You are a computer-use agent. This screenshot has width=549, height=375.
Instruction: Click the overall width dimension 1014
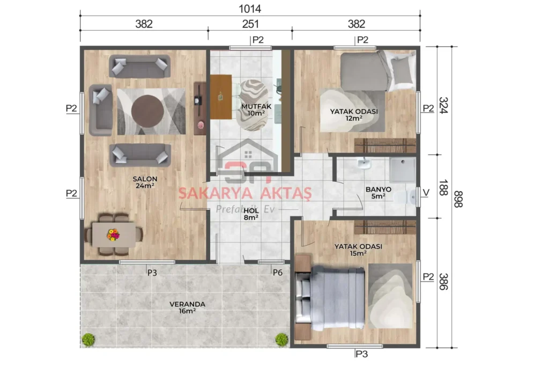tap(250, 9)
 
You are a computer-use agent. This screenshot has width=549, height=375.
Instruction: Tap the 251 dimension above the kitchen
tap(250, 24)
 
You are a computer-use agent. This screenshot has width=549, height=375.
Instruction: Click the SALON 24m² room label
tap(145, 182)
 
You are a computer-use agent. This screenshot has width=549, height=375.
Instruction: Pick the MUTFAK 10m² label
tap(256, 110)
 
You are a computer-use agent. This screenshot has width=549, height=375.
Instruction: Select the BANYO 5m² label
tap(378, 193)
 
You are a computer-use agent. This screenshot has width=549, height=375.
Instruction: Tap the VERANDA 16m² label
tap(187, 307)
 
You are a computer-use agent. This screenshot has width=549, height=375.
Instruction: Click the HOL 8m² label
tap(251, 214)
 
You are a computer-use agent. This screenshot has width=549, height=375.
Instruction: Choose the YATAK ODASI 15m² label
tap(358, 249)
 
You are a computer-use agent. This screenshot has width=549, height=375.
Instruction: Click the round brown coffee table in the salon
tap(147, 110)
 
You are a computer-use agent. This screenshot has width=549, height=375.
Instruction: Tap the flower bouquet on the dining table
tap(113, 234)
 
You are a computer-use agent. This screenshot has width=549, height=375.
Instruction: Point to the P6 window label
tap(277, 273)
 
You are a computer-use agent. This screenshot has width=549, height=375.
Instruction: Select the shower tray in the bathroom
tap(402, 170)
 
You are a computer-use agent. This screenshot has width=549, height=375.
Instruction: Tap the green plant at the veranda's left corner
tap(88, 340)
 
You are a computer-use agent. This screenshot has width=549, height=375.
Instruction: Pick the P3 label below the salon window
tap(152, 273)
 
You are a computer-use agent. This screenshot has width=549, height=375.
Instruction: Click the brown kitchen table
tap(221, 97)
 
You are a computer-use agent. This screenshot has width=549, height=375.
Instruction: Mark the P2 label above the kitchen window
tap(258, 40)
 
